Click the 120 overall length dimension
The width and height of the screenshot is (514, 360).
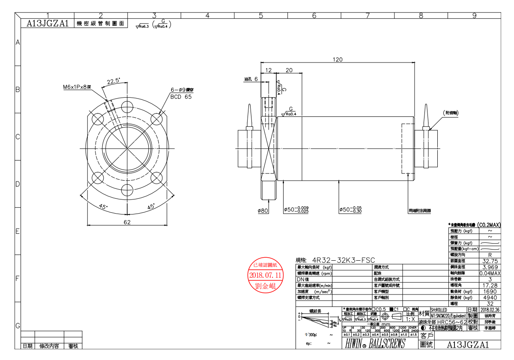[338, 60]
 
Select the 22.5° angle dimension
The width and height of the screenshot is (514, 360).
[113, 81]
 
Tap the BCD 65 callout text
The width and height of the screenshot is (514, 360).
[181, 97]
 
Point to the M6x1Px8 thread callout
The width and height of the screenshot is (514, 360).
[77, 87]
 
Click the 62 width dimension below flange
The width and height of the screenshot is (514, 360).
[127, 222]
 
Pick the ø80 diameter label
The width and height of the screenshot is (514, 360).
[263, 210]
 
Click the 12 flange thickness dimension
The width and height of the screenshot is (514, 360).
[269, 70]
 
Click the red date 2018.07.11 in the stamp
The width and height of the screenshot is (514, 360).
[266, 275]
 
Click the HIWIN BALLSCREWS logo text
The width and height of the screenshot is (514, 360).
[375, 344]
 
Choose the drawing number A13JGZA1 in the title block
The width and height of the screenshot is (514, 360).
[468, 344]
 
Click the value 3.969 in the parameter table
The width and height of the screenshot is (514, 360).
[490, 267]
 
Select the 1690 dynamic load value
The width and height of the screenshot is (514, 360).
[490, 291]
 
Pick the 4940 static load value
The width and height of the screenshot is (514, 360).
[490, 297]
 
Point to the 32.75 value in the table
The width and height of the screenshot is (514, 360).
[490, 261]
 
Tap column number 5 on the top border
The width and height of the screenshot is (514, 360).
[260, 15]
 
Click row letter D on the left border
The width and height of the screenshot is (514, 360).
[18, 184]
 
